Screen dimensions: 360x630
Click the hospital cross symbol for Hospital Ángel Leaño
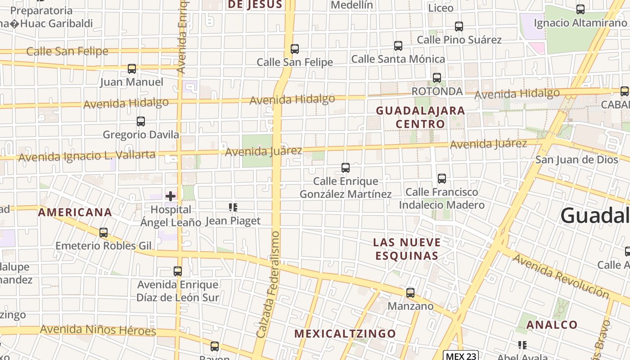point(171,196)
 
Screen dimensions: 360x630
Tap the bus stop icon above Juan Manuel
point(132,69)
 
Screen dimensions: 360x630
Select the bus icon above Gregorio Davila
point(141,121)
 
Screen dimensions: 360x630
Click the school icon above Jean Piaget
point(233,207)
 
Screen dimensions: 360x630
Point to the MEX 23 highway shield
point(460,356)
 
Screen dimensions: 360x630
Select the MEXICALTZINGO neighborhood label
point(345,334)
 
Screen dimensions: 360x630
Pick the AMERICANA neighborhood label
point(75,212)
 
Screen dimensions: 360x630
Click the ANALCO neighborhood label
point(552,325)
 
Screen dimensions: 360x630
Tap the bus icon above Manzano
point(410,293)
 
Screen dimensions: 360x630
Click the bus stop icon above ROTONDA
point(437,78)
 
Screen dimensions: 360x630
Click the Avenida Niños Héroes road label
point(98,330)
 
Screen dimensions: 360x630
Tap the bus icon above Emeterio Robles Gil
point(103,233)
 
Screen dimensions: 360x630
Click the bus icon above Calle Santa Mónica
point(398,46)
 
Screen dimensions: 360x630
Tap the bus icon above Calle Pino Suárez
point(459,27)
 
